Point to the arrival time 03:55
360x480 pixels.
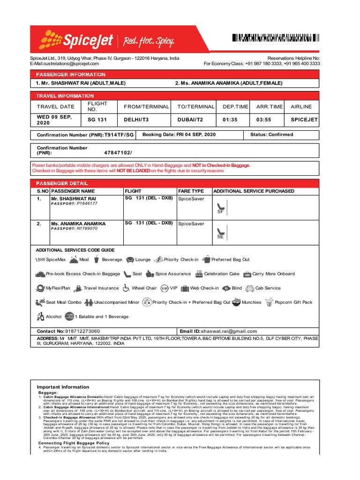pos(264,120)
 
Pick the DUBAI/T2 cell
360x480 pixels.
pos(190,120)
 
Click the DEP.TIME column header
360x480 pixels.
pos(235,107)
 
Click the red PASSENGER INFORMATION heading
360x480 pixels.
pos(68,75)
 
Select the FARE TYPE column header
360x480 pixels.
pos(191,191)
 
